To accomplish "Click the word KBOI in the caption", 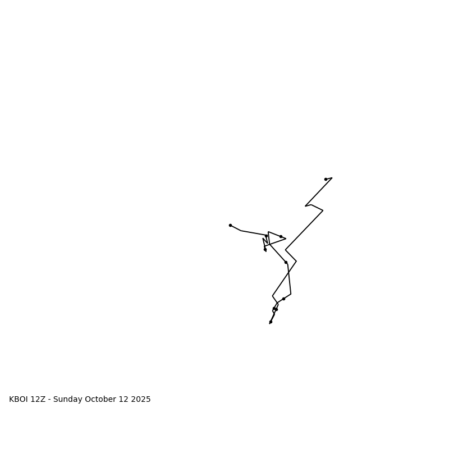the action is tap(19, 400).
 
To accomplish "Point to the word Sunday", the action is tap(67, 400).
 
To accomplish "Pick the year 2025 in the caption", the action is tap(141, 400).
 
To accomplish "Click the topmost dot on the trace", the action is tap(326, 180).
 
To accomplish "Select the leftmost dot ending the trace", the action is tap(230, 225).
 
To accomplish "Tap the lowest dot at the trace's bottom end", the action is tap(271, 322).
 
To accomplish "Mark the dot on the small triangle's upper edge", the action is tap(281, 236).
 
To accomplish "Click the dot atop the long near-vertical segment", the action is tap(286, 262).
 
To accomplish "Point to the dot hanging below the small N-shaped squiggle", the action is tap(265, 250).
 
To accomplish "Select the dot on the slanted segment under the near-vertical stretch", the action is tap(283, 299).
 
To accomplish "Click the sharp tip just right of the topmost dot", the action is tap(332, 178).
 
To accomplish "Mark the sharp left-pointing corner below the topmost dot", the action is tap(305, 206).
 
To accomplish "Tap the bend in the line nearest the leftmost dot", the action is tap(241, 231).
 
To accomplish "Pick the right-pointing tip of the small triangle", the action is tap(286, 239).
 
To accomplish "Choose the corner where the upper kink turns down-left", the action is tap(323, 210).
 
